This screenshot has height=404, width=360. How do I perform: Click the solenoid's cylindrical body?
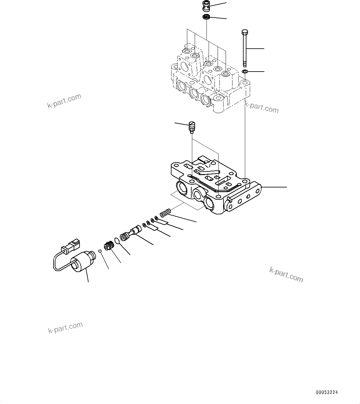[x=81, y=261]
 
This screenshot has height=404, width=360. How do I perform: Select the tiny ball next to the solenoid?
[x=100, y=251]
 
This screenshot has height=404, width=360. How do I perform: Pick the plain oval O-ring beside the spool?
[x=117, y=241]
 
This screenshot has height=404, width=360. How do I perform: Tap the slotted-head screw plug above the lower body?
[x=192, y=127]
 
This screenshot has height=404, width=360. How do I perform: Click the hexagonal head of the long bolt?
[x=244, y=32]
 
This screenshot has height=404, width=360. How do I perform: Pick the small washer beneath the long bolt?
[x=245, y=72]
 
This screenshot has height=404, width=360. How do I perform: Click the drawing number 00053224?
[x=327, y=392]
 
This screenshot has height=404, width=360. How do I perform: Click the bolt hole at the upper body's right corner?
[x=245, y=83]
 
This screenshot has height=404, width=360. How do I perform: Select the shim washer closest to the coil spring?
[x=156, y=219]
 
